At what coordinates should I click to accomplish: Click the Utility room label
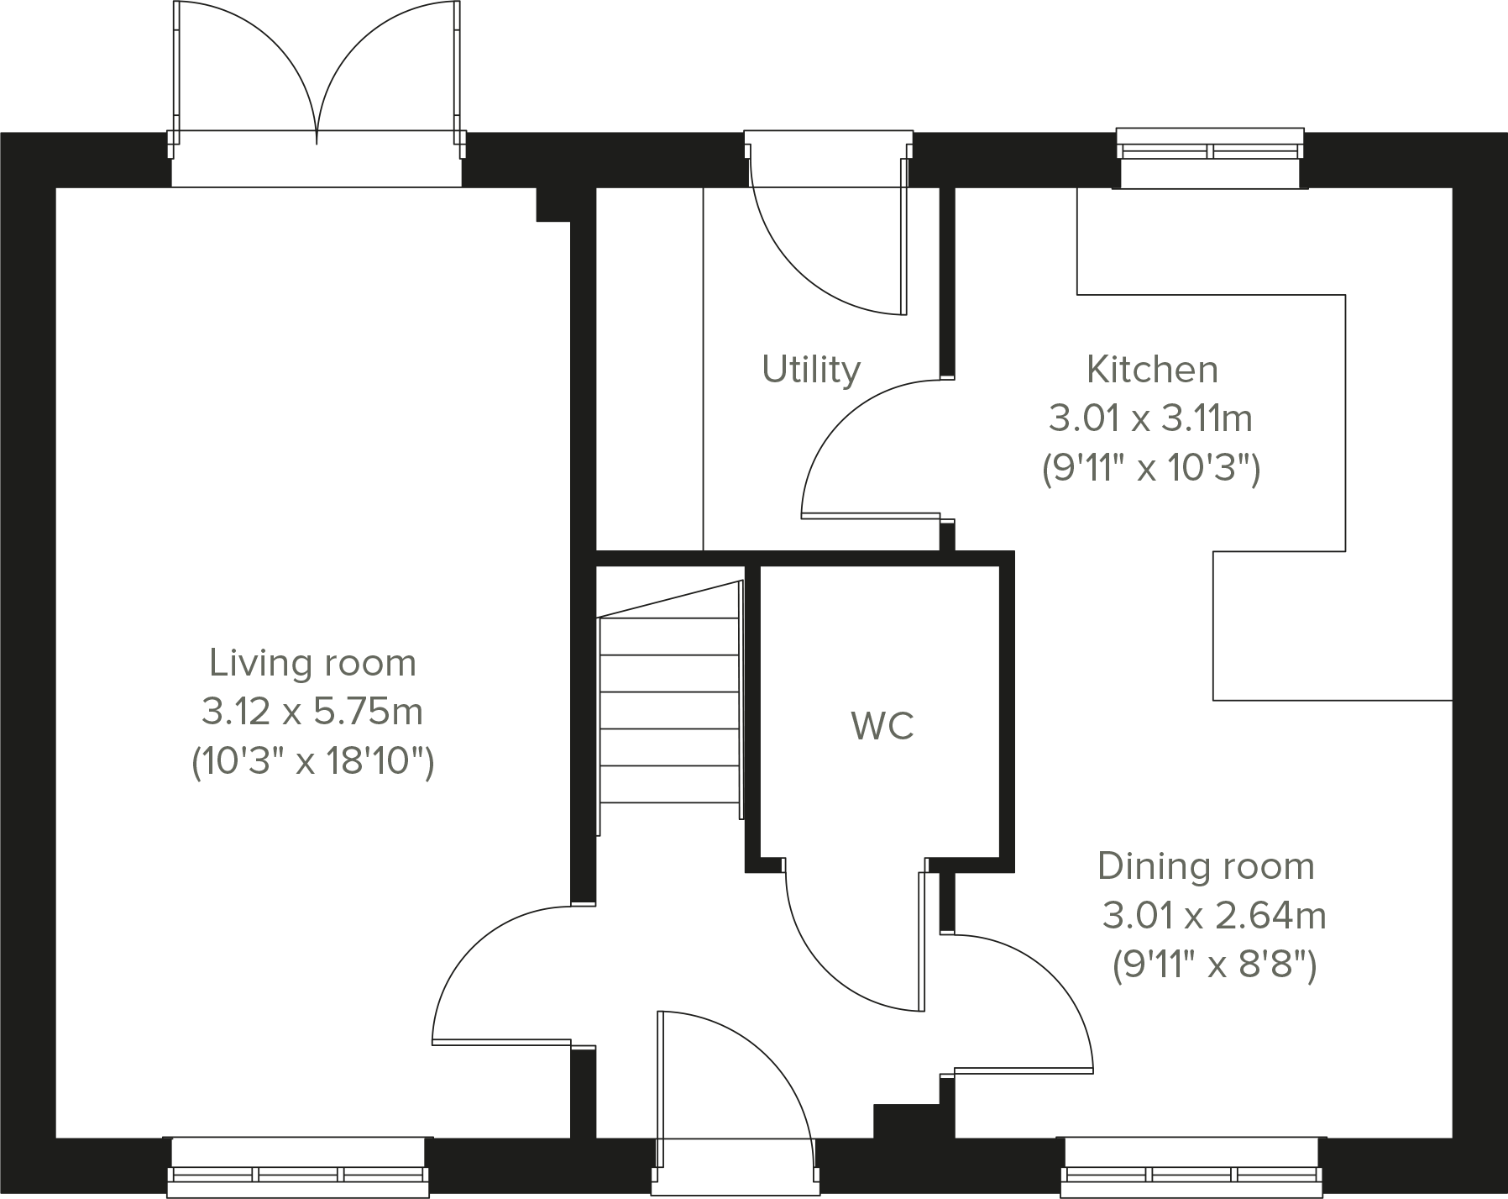pyautogui.click(x=811, y=370)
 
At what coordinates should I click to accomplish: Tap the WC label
pyautogui.click(x=882, y=726)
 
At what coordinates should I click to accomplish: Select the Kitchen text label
pyautogui.click(x=1152, y=369)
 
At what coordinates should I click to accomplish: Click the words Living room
pyautogui.click(x=312, y=663)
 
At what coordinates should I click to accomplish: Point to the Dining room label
pyautogui.click(x=1206, y=866)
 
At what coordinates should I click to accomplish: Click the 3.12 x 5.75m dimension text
pyautogui.click(x=312, y=713)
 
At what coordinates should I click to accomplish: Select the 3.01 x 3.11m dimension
pyautogui.click(x=1150, y=418)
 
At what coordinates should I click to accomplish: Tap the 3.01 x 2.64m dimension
pyautogui.click(x=1214, y=916)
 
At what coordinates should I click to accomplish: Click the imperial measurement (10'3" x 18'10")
pyautogui.click(x=312, y=763)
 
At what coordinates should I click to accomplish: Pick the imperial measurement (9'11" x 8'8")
pyautogui.click(x=1214, y=965)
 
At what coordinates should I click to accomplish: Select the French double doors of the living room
pyautogui.click(x=317, y=80)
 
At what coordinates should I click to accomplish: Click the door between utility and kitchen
pyautogui.click(x=871, y=446)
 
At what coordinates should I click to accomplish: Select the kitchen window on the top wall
pyautogui.click(x=1210, y=157)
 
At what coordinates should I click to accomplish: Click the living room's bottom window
pyautogui.click(x=299, y=1166)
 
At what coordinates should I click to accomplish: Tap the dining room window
pyautogui.click(x=1192, y=1166)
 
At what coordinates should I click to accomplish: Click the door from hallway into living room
pyautogui.click(x=502, y=975)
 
